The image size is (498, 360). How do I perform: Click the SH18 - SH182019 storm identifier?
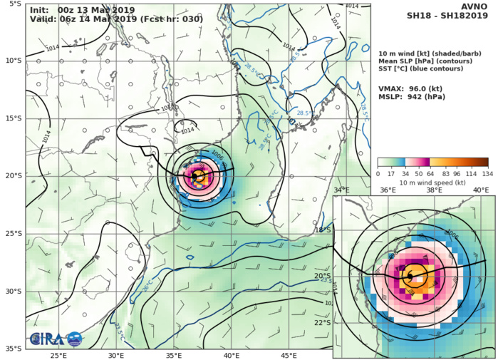[x=447, y=16]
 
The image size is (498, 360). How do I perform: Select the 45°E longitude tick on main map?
[x=289, y=355]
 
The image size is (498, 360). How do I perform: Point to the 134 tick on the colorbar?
[x=487, y=173]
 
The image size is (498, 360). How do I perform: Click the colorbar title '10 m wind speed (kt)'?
[x=432, y=182]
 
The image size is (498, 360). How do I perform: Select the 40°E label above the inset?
[x=481, y=190]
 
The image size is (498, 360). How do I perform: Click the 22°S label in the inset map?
[x=323, y=322]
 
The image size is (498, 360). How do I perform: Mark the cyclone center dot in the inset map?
[x=410, y=276]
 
